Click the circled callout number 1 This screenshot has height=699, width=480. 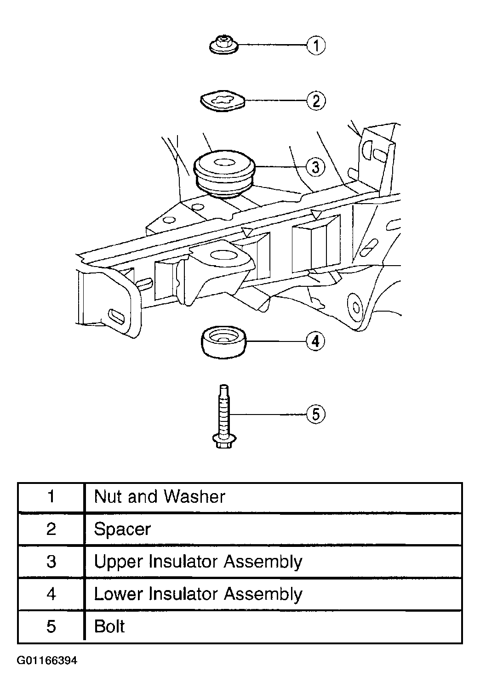point(316,45)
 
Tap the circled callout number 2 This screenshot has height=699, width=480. point(316,101)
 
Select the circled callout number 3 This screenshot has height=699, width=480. point(315,167)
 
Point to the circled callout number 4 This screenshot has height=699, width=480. point(315,341)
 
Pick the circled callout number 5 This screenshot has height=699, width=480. point(315,415)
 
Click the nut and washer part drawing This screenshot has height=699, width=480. point(224,45)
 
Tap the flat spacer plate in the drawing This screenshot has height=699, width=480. point(222,101)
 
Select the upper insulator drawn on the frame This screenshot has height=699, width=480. point(224,174)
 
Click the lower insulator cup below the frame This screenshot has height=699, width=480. point(223,342)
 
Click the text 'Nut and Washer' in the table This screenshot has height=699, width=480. point(160,496)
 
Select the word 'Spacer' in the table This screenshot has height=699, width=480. point(122,529)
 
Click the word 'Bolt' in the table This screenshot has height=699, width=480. point(109,626)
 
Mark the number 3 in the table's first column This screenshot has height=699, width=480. point(51,562)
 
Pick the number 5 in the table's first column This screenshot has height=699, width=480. point(51,626)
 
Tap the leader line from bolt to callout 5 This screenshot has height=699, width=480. point(268,415)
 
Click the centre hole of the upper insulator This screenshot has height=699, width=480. point(224,162)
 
